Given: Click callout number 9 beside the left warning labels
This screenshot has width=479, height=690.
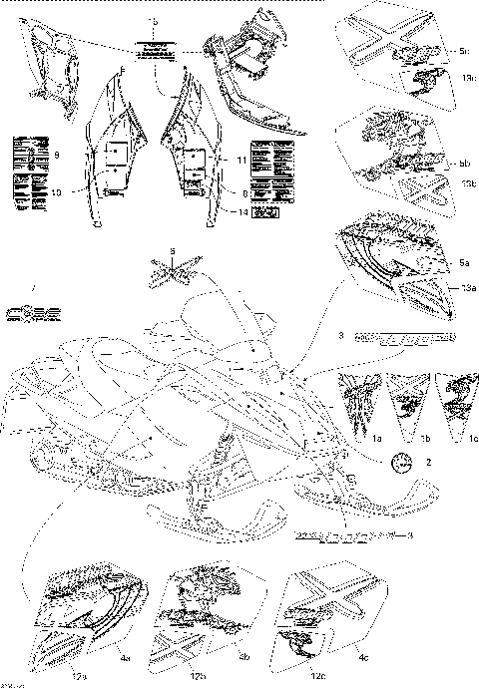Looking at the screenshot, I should click(x=58, y=156).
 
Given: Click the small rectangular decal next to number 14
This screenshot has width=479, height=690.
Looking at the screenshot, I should click(x=265, y=212).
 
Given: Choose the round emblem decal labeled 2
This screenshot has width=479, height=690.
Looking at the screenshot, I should click(x=402, y=462).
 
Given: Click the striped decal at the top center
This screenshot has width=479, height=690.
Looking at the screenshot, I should click(x=153, y=50).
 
